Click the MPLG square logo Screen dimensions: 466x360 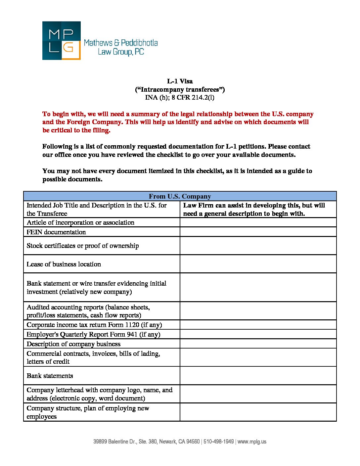61,40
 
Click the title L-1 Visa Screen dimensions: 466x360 180,81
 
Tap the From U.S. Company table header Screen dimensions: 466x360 180,196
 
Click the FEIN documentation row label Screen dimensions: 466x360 56,232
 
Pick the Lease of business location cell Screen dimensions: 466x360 64,264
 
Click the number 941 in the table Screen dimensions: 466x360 132,334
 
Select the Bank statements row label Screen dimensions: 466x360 50,376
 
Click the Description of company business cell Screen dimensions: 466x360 73,344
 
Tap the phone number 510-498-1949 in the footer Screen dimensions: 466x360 218,442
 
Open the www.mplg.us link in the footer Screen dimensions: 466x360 252,442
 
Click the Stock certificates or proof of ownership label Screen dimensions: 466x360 83,246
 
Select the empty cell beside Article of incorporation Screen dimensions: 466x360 258,222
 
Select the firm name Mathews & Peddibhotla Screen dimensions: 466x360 121,43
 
